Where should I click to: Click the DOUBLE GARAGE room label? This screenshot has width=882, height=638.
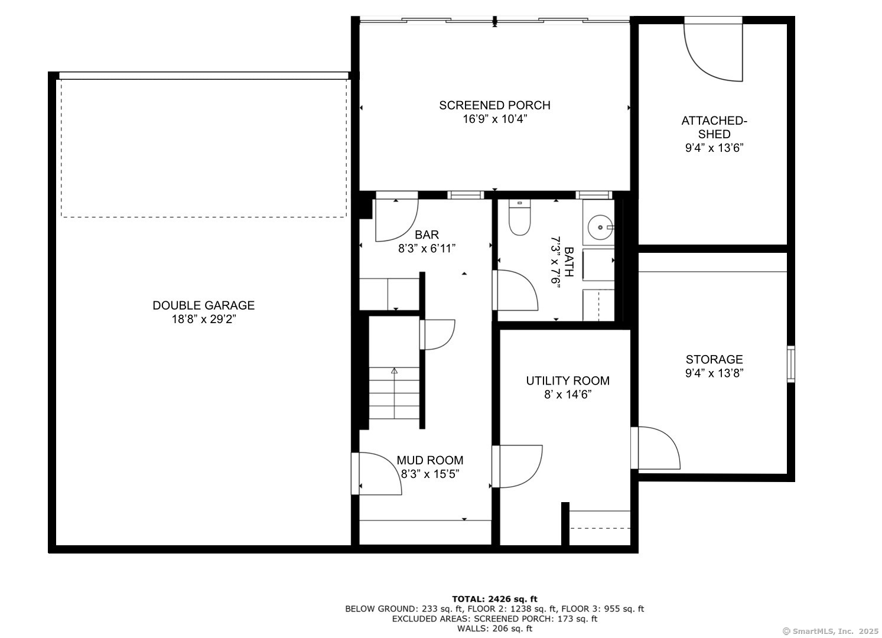(x=203, y=305)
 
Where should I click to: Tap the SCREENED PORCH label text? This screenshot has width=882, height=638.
(x=494, y=105)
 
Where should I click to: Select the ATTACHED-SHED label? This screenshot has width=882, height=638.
(x=714, y=127)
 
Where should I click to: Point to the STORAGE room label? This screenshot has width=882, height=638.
(x=714, y=359)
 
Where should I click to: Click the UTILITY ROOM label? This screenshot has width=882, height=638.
(x=567, y=381)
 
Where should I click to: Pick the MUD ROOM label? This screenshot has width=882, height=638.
(x=429, y=460)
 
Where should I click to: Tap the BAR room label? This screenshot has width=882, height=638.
(x=427, y=235)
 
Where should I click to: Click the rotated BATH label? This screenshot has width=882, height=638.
(x=568, y=262)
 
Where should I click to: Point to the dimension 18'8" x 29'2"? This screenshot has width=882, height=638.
(x=203, y=320)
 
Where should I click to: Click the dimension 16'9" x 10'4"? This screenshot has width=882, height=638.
(x=494, y=119)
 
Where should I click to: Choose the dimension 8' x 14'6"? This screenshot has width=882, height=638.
(x=567, y=395)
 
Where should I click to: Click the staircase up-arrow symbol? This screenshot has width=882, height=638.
(x=394, y=372)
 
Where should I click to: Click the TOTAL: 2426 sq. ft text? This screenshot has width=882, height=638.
(x=494, y=599)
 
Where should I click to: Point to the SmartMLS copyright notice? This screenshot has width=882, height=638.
(x=830, y=631)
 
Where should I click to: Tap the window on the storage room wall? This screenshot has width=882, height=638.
(x=790, y=364)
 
